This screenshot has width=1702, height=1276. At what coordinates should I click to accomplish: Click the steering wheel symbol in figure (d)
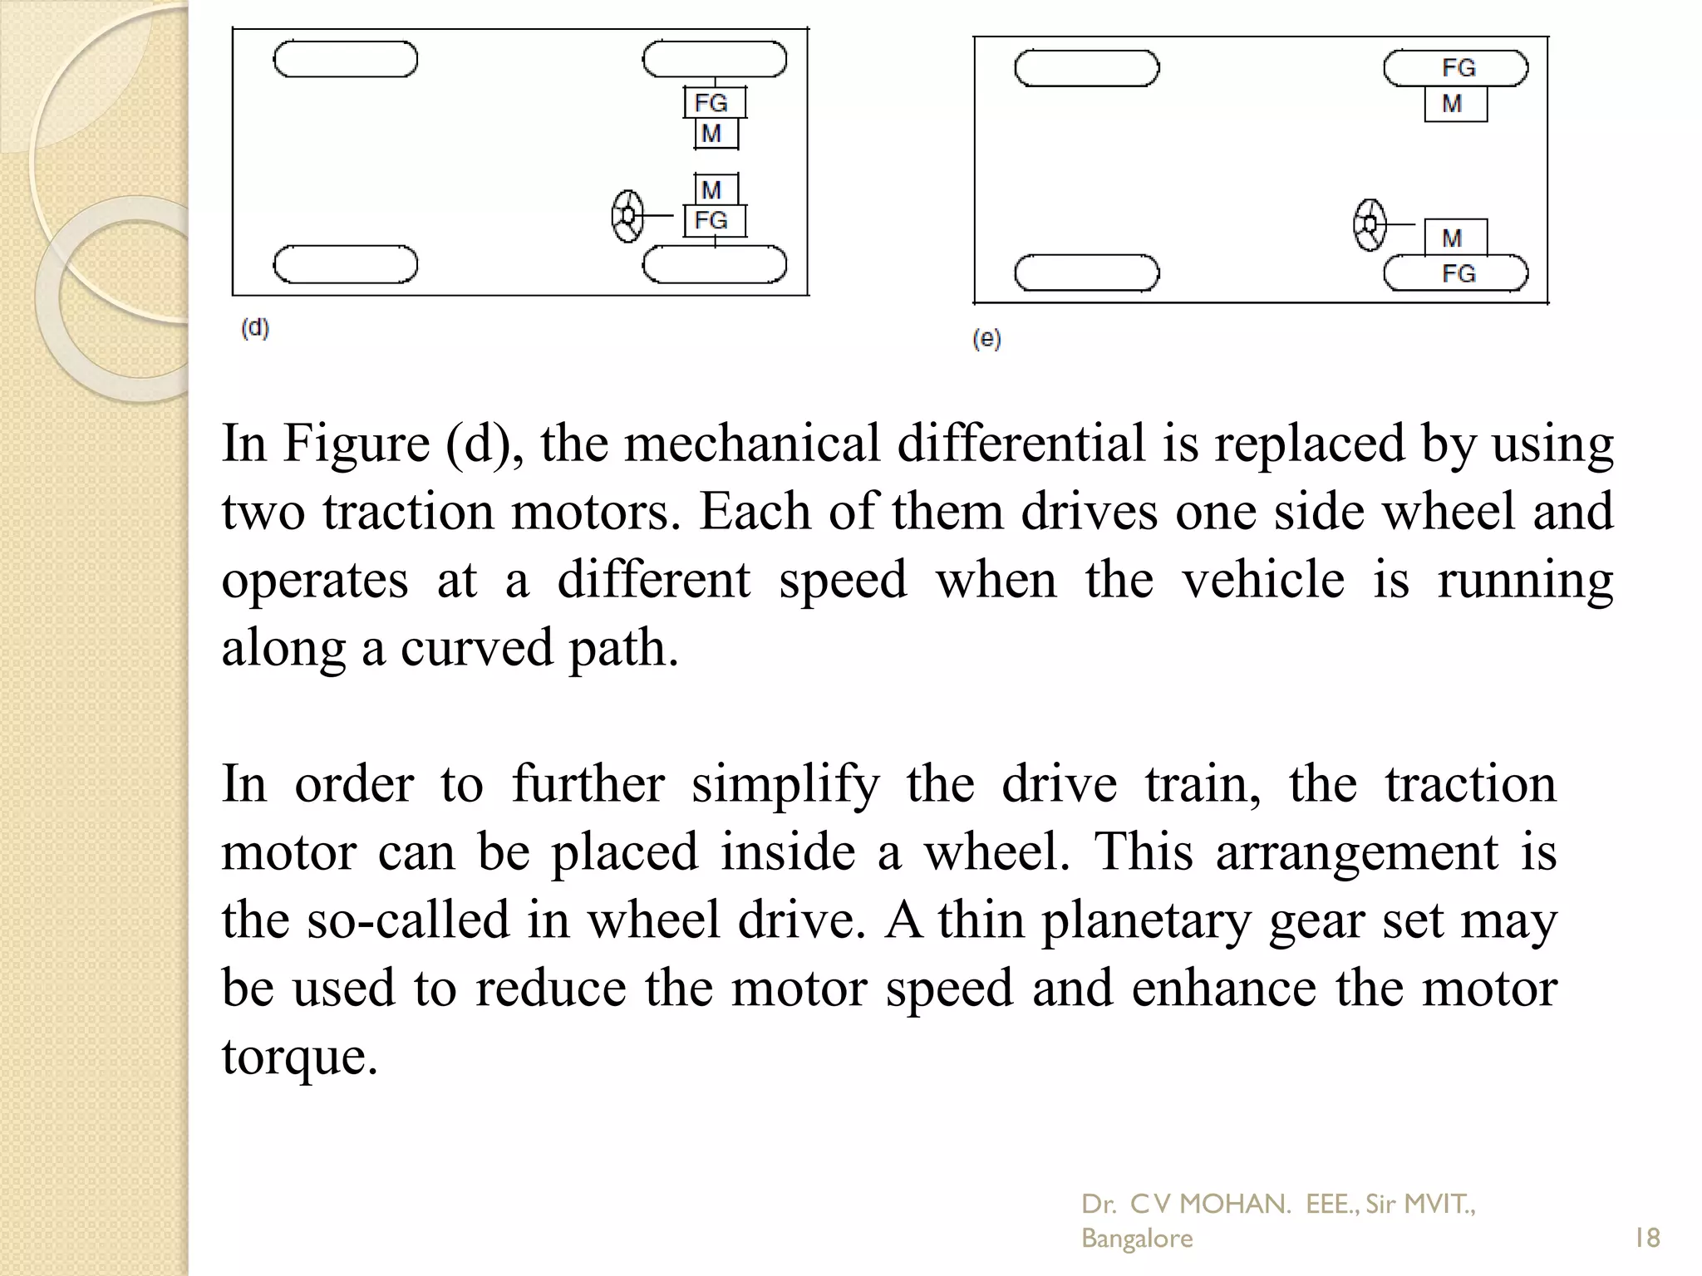pyautogui.click(x=627, y=217)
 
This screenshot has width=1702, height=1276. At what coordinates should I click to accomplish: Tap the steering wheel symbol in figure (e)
pyautogui.click(x=1370, y=224)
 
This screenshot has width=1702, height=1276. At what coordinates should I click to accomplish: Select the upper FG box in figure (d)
pyautogui.click(x=714, y=103)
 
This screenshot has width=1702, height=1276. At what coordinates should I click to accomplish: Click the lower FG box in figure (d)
pyautogui.click(x=714, y=221)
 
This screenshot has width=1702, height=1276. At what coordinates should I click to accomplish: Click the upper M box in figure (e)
pyautogui.click(x=1455, y=105)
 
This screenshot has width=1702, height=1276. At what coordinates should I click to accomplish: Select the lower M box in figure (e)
pyautogui.click(x=1455, y=238)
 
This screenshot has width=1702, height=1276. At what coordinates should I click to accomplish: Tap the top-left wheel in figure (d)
pyautogui.click(x=346, y=60)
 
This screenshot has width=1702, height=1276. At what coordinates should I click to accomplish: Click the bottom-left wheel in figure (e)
pyautogui.click(x=1087, y=273)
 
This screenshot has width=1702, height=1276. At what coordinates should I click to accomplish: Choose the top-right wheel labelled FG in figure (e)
pyautogui.click(x=1456, y=68)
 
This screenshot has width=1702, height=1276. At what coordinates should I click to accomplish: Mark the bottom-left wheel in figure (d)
pyautogui.click(x=346, y=265)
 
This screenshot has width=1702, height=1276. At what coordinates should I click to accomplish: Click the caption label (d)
pyautogui.click(x=255, y=328)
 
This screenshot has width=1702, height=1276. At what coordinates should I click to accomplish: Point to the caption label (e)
pyautogui.click(x=986, y=338)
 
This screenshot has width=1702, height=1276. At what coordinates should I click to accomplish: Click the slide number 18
pyautogui.click(x=1646, y=1238)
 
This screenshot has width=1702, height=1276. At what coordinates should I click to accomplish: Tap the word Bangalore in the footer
pyautogui.click(x=1136, y=1238)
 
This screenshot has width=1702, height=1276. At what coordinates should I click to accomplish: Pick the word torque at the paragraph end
pyautogui.click(x=300, y=1058)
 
